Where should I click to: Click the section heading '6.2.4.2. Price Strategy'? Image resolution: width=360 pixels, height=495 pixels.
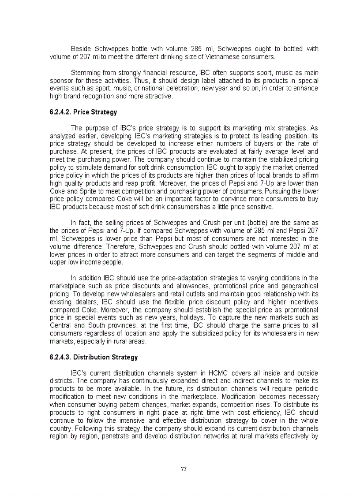pos(83,112)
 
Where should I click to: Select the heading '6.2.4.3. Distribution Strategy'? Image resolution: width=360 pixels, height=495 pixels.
pos(94,357)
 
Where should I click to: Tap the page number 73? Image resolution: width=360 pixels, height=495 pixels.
pos(184,469)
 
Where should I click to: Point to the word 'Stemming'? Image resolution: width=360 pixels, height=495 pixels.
pos(85,73)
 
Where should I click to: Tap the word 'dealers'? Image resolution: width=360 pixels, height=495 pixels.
pos(86,302)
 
